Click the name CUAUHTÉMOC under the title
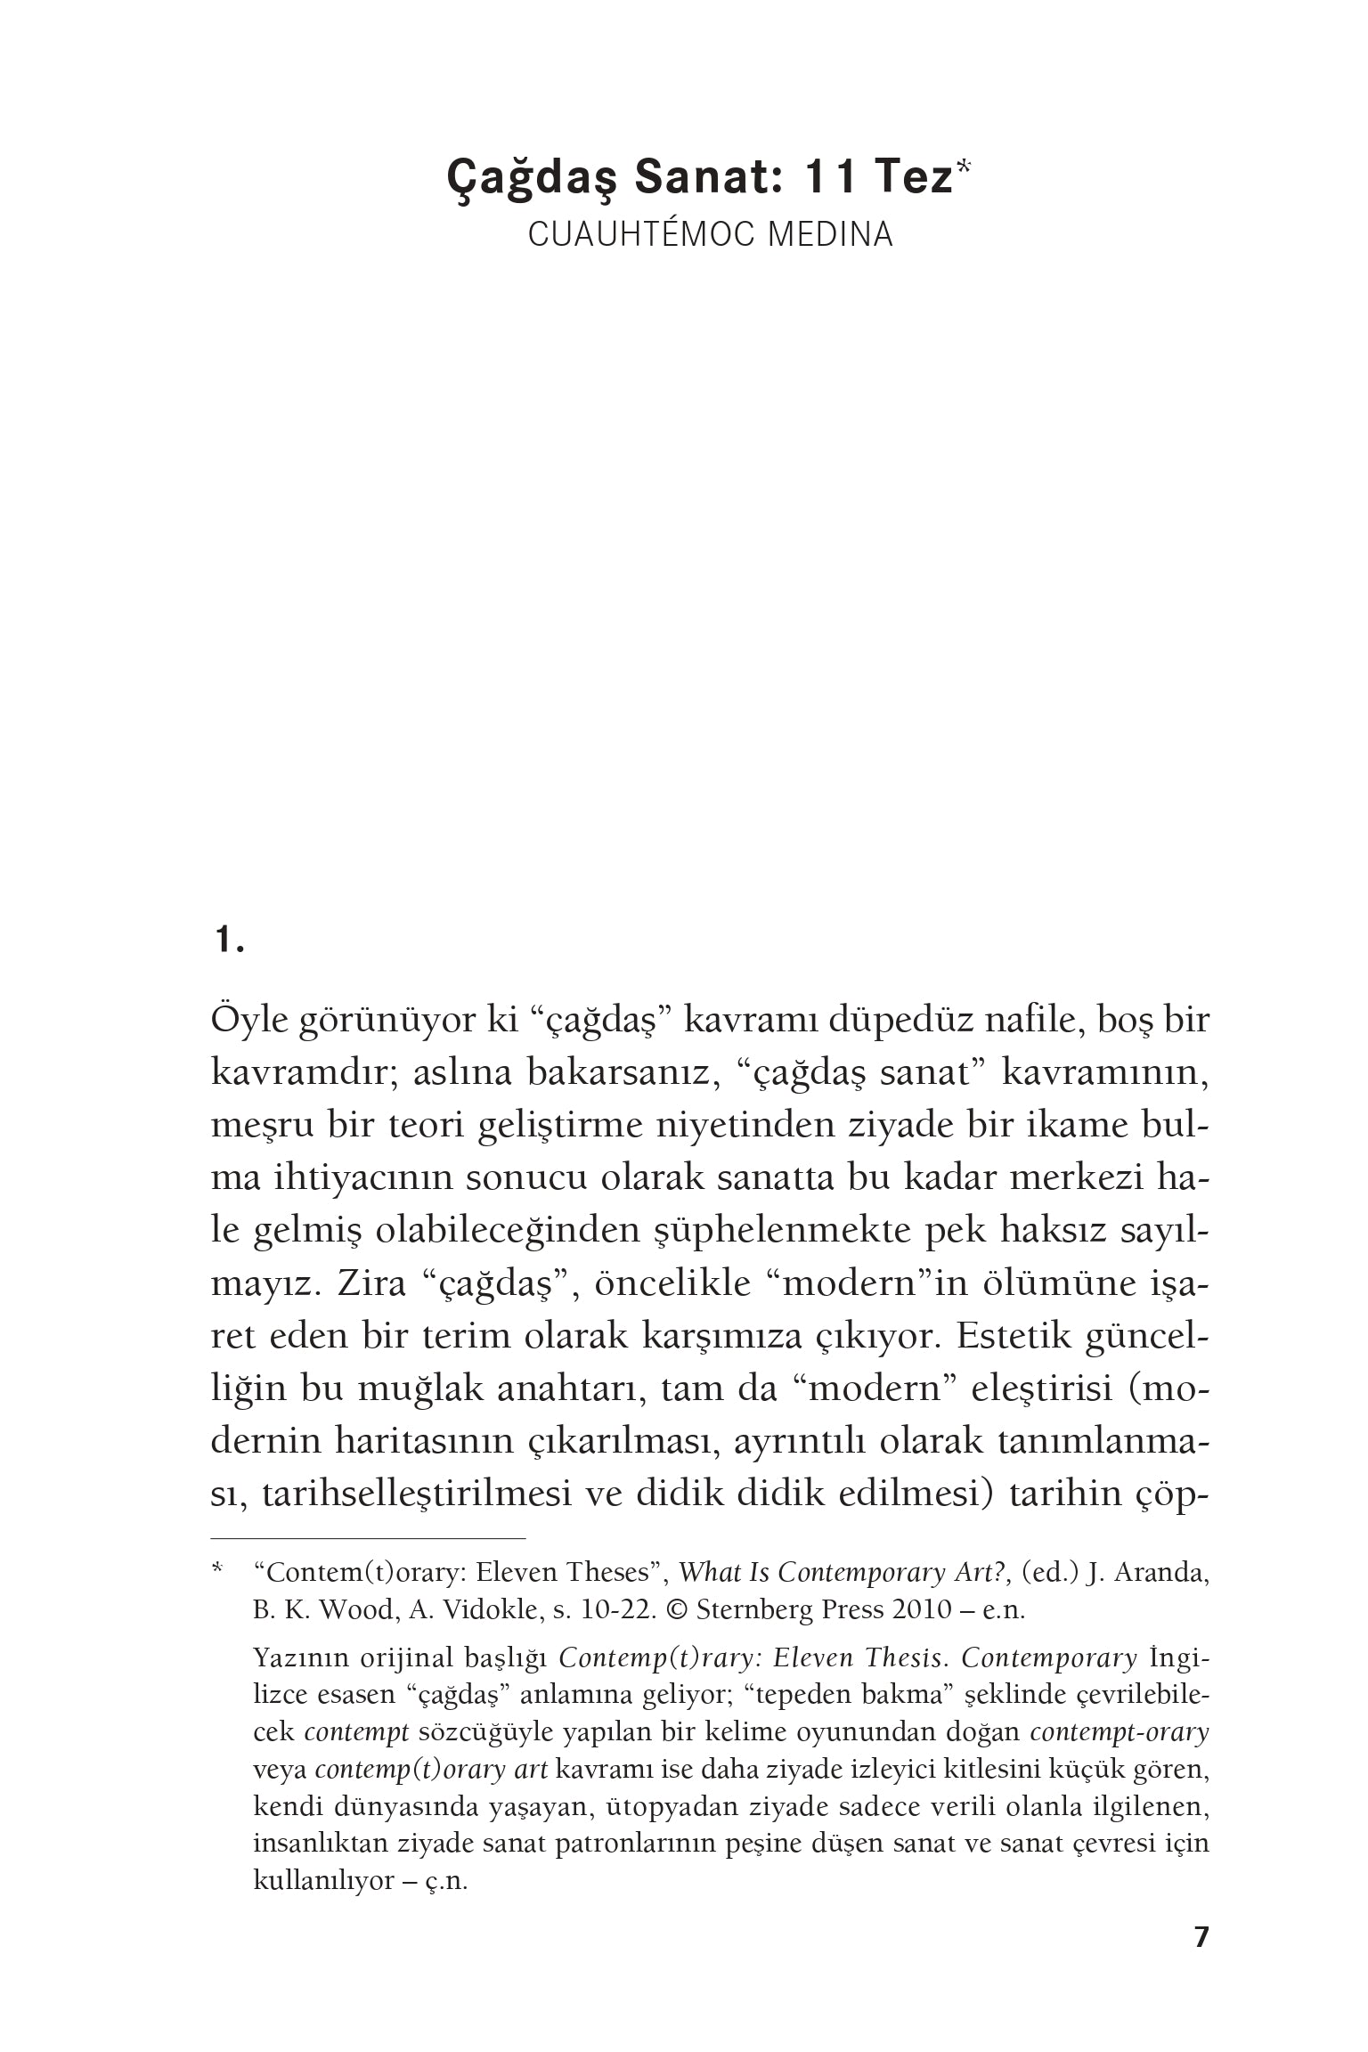tap(635, 234)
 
